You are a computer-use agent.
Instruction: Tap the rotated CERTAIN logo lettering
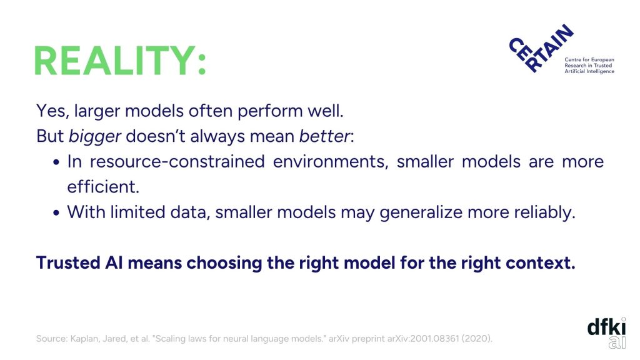tap(541, 48)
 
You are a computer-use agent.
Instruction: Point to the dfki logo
tap(606, 333)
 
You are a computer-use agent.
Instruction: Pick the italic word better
tap(324, 136)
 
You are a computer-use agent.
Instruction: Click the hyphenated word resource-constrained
tap(177, 162)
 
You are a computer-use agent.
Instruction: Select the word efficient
tap(103, 187)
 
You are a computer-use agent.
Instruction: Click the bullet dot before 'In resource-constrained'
tap(56, 162)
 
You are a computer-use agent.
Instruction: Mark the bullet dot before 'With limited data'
tap(56, 212)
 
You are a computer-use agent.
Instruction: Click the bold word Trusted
tap(68, 263)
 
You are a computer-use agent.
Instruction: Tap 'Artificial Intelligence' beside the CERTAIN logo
tap(589, 71)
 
